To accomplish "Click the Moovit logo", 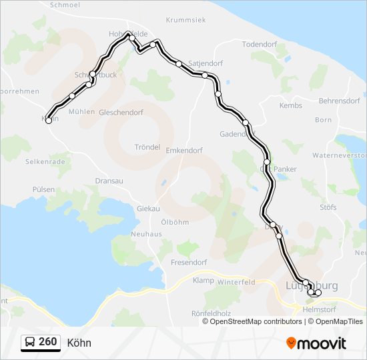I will [316, 343].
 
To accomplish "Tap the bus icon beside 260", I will [30, 342].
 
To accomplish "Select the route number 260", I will [47, 342].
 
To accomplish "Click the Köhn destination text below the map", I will [79, 343].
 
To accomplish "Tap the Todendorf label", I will [259, 44].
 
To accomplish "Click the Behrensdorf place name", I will [339, 100].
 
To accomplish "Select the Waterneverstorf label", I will [340, 155].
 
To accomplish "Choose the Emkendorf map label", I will [183, 150].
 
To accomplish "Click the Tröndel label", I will [147, 147].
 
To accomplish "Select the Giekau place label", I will [148, 209].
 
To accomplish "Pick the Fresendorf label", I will [190, 262].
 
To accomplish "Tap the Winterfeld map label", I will [236, 282].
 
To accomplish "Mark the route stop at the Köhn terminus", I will [48, 121].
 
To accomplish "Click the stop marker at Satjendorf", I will [179, 64].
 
